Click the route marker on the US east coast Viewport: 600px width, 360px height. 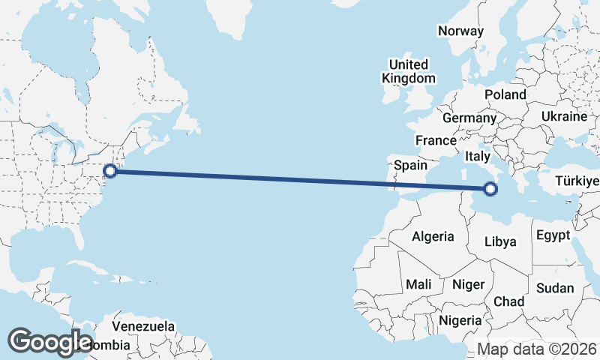[x=110, y=170]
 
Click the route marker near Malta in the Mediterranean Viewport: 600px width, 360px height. [x=490, y=189]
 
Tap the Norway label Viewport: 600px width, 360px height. [x=460, y=31]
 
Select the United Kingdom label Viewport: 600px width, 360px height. [x=408, y=71]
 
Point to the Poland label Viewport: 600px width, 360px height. [x=505, y=95]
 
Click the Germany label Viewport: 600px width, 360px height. [x=469, y=118]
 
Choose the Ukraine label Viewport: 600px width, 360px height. [x=563, y=117]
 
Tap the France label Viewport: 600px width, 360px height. [x=436, y=140]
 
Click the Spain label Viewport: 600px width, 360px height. [x=410, y=165]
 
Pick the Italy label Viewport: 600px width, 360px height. [x=477, y=157]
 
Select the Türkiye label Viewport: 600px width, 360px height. [x=577, y=181]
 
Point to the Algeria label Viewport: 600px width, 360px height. [x=433, y=236]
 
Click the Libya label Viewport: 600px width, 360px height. [x=500, y=241]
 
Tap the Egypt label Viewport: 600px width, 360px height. [x=554, y=235]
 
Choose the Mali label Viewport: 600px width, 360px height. [x=418, y=284]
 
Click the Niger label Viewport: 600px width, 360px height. [x=468, y=284]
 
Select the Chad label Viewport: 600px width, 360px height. [x=508, y=301]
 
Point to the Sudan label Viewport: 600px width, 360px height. [x=555, y=288]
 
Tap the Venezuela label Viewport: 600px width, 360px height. [x=143, y=327]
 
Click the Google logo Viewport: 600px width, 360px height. [x=50, y=342]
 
